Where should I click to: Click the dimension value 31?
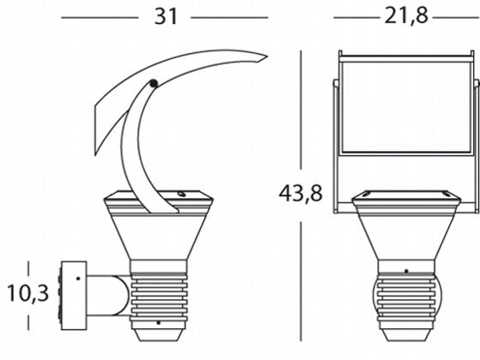tap(166, 16)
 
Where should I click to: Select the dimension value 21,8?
tap(406, 15)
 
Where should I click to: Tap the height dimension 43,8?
tap(301, 193)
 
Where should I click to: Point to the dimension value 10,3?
tap(27, 293)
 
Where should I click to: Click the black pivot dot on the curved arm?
tap(153, 83)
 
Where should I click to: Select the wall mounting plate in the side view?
tap(74, 296)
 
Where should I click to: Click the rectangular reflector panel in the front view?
tap(406, 107)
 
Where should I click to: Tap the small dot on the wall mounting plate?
tap(78, 279)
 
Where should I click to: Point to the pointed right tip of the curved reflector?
tap(267, 57)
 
